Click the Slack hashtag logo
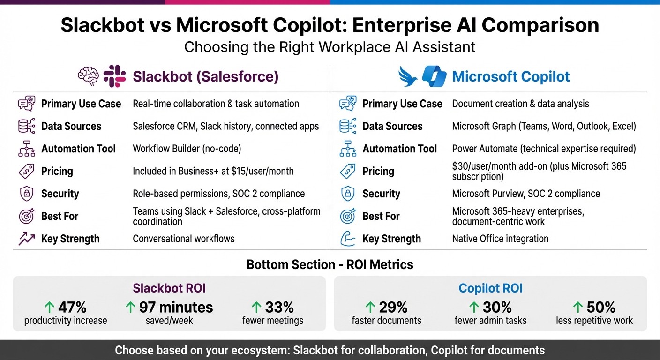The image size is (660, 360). click(114, 76)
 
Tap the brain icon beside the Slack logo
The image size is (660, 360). click(88, 76)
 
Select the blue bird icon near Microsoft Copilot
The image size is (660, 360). click(407, 76)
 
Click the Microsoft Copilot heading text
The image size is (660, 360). click(511, 76)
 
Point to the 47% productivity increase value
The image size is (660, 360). click(72, 307)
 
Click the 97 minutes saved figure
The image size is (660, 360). click(176, 307)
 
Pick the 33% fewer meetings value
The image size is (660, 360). click(279, 307)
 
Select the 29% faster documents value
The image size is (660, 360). click(393, 307)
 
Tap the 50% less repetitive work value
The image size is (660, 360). click(601, 307)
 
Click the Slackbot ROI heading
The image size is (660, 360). click(169, 288)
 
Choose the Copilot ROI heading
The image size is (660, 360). click(490, 288)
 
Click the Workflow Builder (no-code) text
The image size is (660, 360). click(187, 149)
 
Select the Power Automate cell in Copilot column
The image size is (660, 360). click(544, 149)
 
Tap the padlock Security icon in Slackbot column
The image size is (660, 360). click(26, 194)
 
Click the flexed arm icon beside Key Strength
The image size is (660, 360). click(347, 239)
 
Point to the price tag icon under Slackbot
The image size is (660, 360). click(26, 171)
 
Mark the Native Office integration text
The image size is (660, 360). click(500, 239)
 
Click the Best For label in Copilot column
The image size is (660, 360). click(381, 216)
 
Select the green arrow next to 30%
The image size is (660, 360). click(474, 307)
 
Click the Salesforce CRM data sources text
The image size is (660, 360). click(225, 126)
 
